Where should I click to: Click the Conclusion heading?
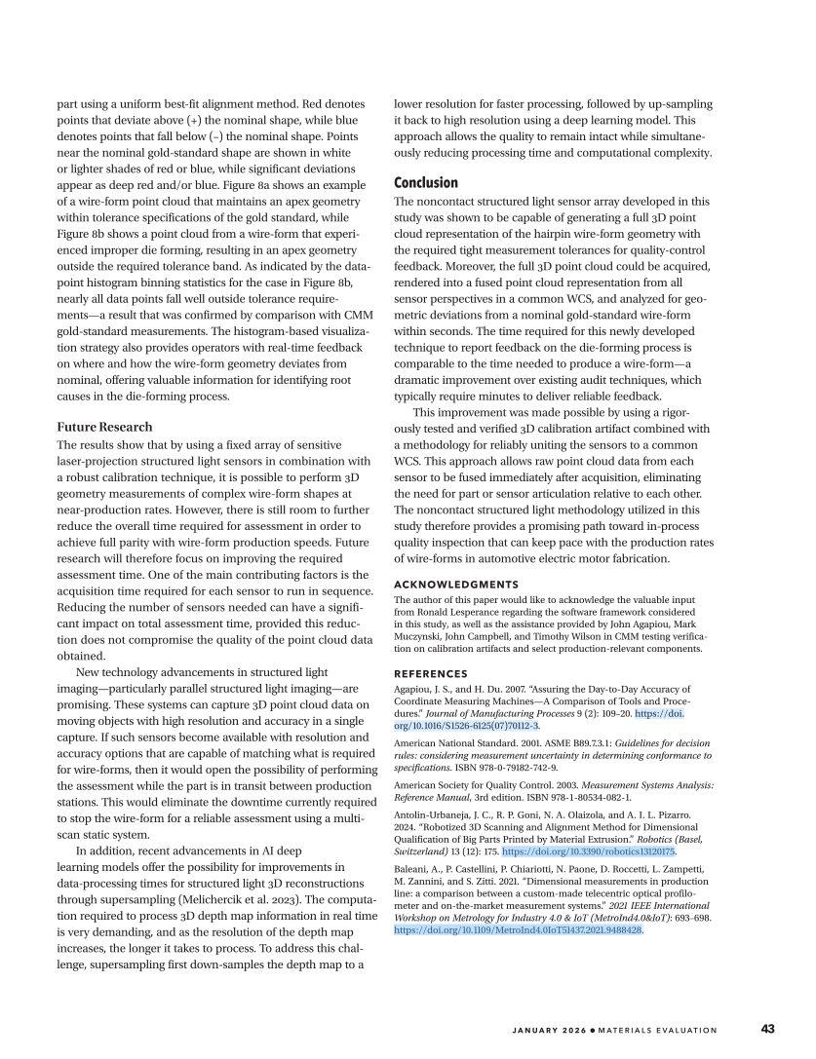(425, 183)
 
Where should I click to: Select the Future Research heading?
(104, 427)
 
